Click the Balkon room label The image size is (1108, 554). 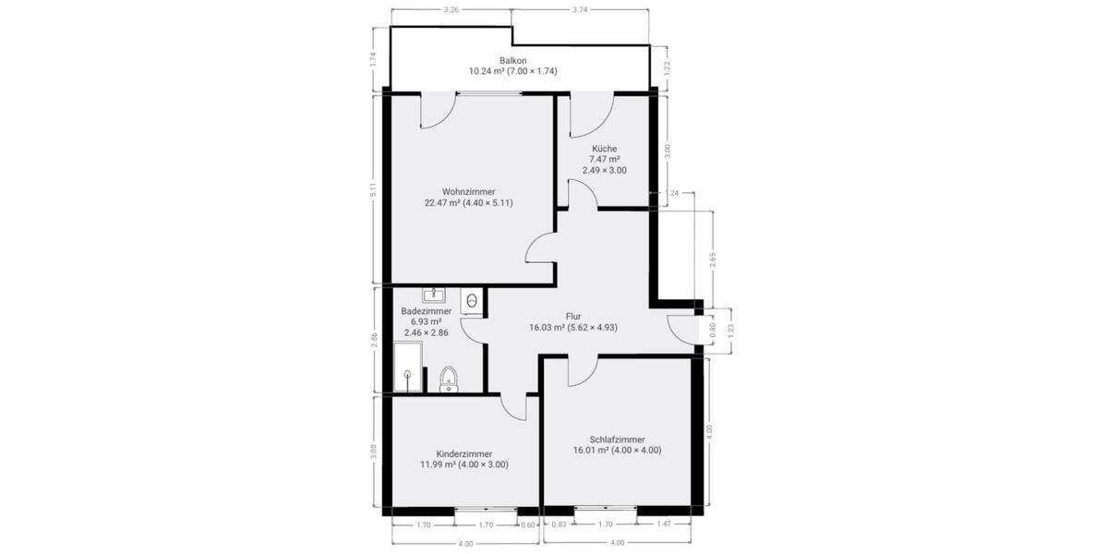[512, 60]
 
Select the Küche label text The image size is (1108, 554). [605, 149]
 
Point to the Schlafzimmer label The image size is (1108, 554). [617, 440]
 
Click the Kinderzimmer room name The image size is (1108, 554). [464, 454]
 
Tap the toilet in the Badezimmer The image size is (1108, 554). [449, 379]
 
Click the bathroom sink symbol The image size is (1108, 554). [434, 295]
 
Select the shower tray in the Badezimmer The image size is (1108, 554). [411, 367]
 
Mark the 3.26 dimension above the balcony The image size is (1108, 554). [452, 9]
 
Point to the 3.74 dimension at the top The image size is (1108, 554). [580, 9]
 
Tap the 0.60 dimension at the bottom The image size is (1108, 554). [528, 524]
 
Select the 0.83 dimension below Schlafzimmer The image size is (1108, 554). [559, 524]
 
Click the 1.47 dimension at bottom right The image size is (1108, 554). [665, 524]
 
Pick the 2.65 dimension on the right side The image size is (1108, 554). [713, 260]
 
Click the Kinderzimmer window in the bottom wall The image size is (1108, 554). [486, 509]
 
